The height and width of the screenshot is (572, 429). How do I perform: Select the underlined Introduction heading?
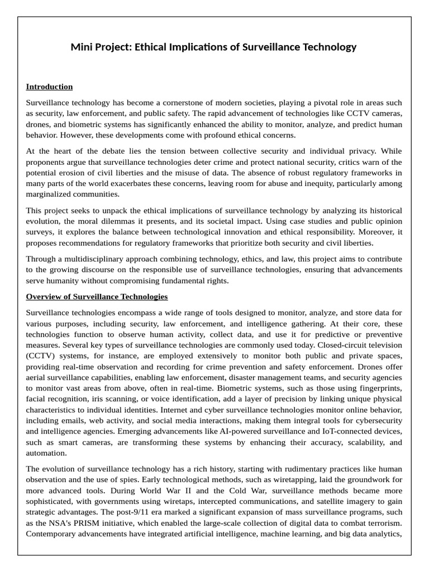pyautogui.click(x=49, y=87)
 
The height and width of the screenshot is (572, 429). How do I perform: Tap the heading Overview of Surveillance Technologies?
pyautogui.click(x=97, y=296)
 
